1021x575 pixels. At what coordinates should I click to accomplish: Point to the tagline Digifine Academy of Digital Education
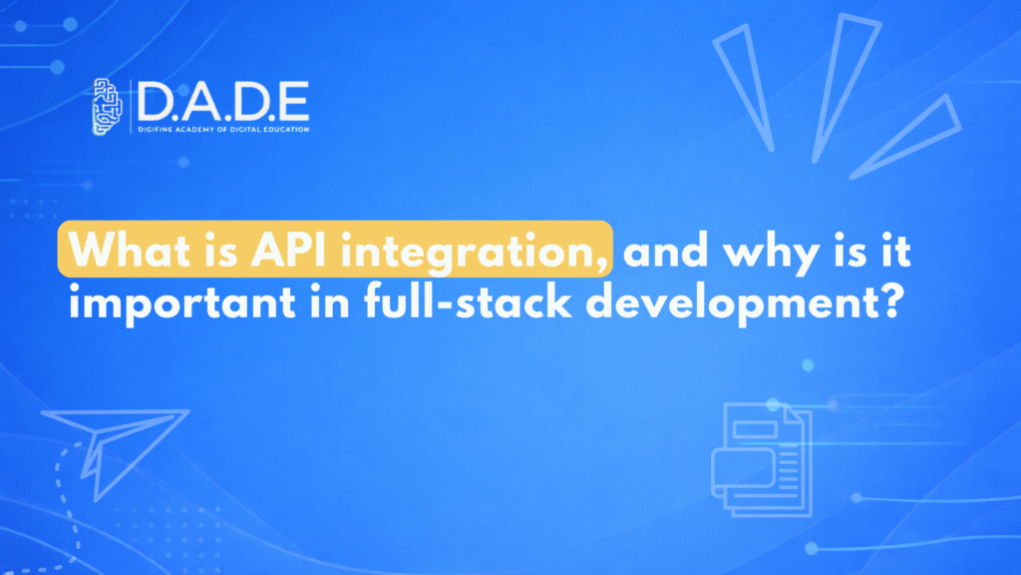(x=223, y=131)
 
